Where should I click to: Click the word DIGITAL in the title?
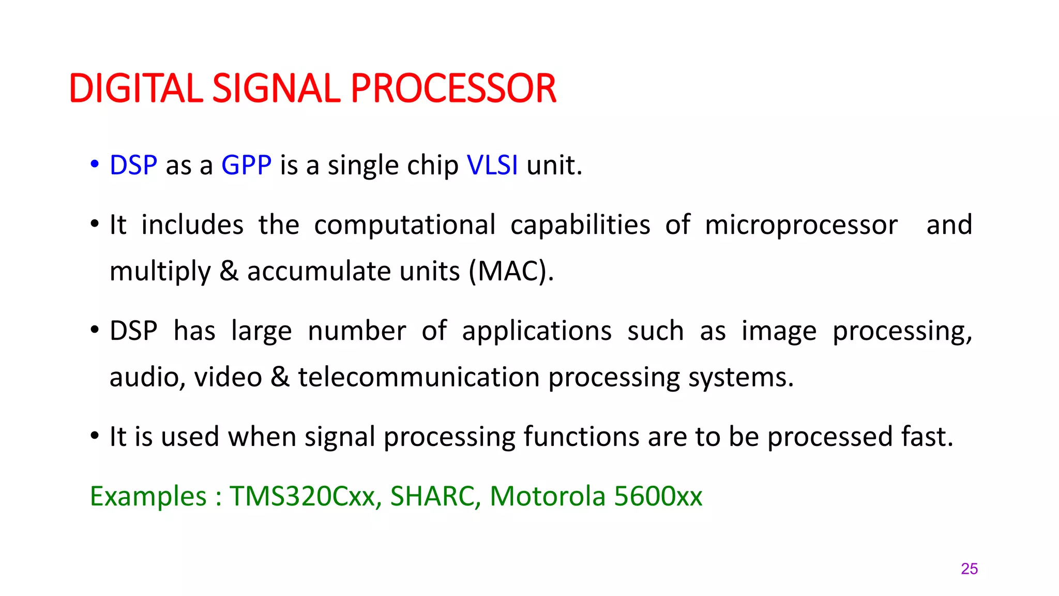pyautogui.click(x=135, y=88)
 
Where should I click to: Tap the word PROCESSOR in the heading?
pyautogui.click(x=453, y=88)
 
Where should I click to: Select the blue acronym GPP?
pyautogui.click(x=246, y=166)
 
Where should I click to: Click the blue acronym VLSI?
pyautogui.click(x=492, y=166)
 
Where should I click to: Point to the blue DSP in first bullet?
pyautogui.click(x=133, y=166)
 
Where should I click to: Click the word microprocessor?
pyautogui.click(x=801, y=226)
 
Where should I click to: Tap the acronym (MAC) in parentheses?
pyautogui.click(x=511, y=271)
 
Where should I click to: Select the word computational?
pyautogui.click(x=404, y=226)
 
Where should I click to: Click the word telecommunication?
pyautogui.click(x=419, y=377)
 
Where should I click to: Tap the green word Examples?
pyautogui.click(x=148, y=496)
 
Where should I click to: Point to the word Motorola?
pyautogui.click(x=547, y=496)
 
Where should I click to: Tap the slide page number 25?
pyautogui.click(x=969, y=569)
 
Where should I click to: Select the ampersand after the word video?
pyautogui.click(x=280, y=377)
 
